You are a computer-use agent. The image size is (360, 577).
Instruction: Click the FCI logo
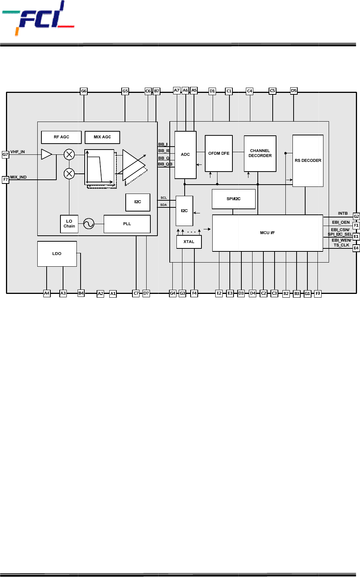(x=38, y=18)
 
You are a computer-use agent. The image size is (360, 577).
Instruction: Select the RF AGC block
(x=61, y=137)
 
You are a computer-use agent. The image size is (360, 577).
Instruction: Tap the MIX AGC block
(x=102, y=137)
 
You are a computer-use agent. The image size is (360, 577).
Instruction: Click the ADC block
(x=185, y=155)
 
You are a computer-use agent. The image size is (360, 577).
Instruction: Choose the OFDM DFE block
(x=219, y=154)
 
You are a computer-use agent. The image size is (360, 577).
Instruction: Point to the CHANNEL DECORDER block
(x=260, y=154)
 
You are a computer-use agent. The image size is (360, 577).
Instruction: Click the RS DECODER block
(x=308, y=161)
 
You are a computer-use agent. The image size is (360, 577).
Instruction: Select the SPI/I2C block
(x=234, y=199)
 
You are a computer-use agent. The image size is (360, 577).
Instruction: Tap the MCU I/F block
(x=267, y=233)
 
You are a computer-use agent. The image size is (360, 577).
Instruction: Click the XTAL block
(x=189, y=242)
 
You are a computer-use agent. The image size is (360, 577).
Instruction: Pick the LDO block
(x=57, y=254)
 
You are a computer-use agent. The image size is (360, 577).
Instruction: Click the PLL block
(x=127, y=224)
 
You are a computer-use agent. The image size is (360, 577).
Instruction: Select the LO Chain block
(x=69, y=224)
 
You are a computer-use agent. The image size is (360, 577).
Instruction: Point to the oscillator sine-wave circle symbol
(x=89, y=223)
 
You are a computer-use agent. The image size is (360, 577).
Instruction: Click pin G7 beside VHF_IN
(x=6, y=154)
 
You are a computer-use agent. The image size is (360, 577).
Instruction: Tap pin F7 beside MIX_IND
(x=6, y=179)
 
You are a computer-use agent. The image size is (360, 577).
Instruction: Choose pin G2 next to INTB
(x=356, y=216)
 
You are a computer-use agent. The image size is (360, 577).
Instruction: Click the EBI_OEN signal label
(x=341, y=222)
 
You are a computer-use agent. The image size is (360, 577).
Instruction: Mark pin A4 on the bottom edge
(x=47, y=294)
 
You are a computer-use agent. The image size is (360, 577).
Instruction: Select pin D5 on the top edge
(x=294, y=91)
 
